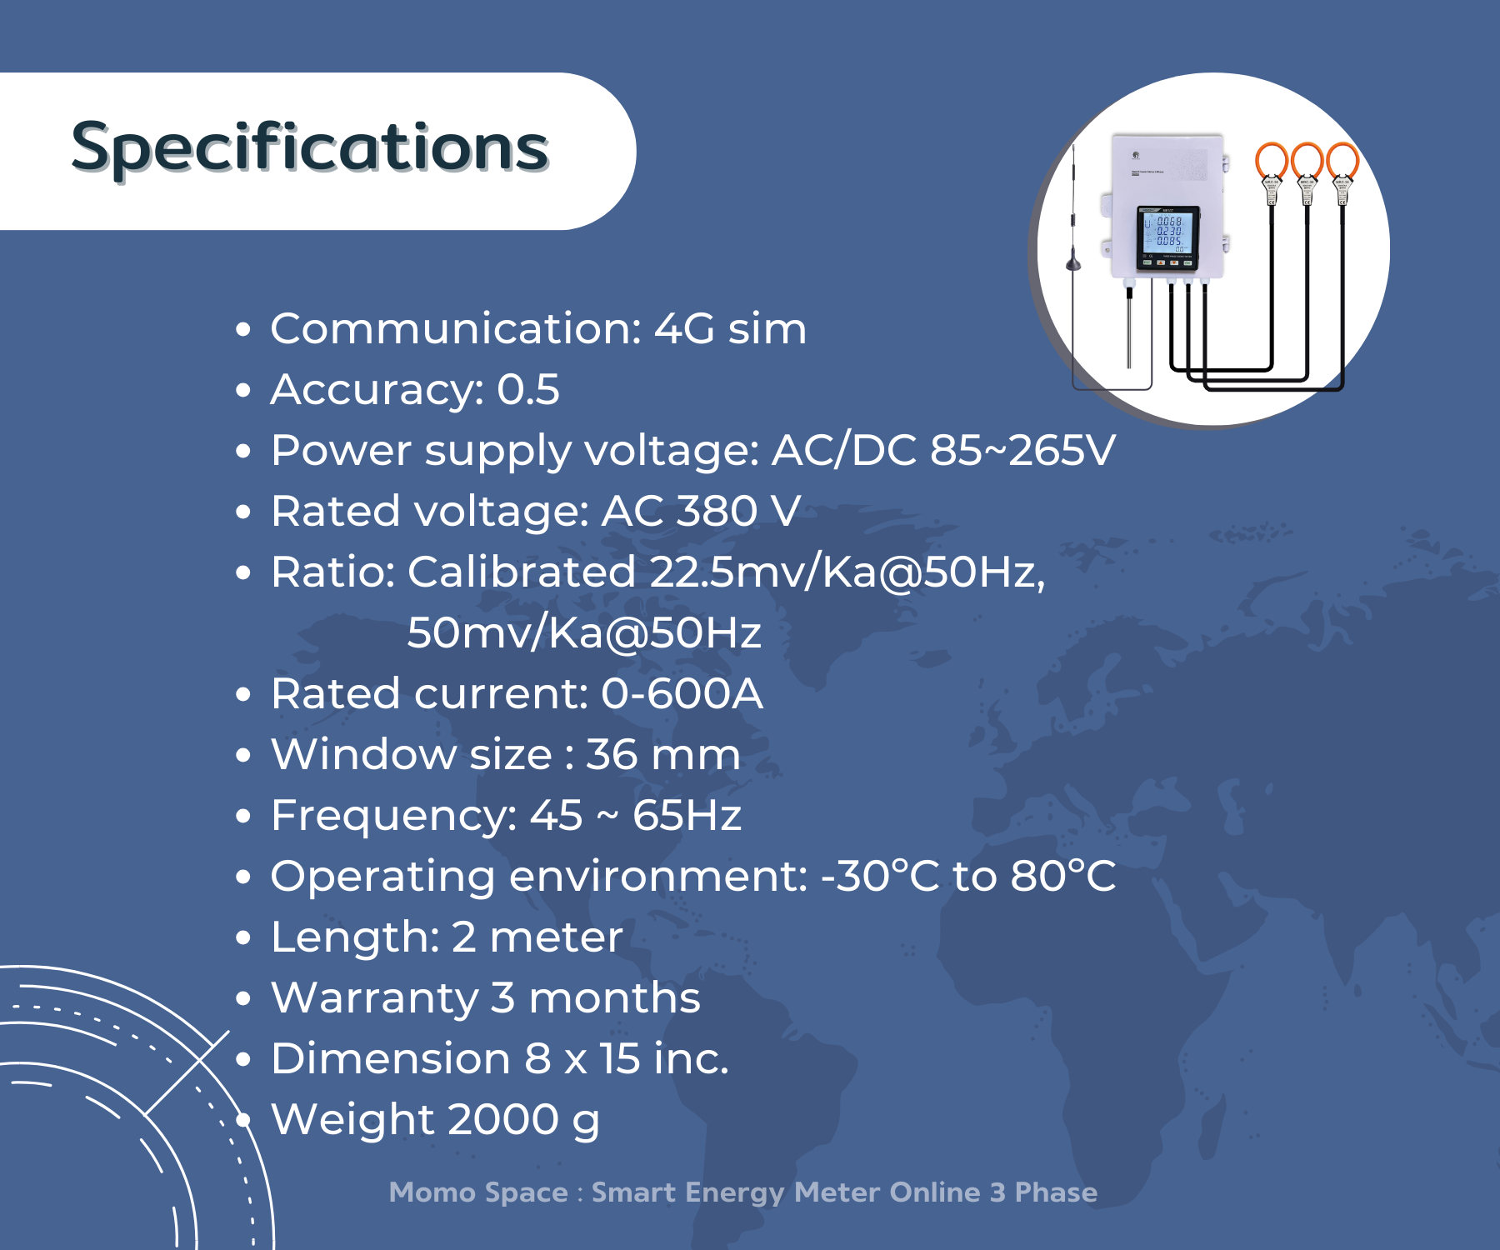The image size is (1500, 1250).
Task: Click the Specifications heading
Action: click(x=310, y=148)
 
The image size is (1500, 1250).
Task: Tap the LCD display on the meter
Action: click(x=1168, y=234)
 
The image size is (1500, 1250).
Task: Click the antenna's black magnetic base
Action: click(x=1073, y=263)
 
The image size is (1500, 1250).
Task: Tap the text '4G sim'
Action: click(x=730, y=328)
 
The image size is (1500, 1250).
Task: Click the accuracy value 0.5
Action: click(x=528, y=389)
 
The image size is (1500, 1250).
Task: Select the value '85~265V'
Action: click(x=1022, y=450)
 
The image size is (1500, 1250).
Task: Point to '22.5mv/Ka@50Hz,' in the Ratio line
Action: click(x=847, y=572)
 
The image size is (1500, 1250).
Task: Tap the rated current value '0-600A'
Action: click(x=682, y=693)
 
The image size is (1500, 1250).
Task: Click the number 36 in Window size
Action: click(x=612, y=754)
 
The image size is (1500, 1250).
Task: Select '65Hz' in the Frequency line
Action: click(x=687, y=815)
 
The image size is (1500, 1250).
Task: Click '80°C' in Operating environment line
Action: click(x=1063, y=876)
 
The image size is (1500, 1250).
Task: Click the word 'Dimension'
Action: click(x=391, y=1058)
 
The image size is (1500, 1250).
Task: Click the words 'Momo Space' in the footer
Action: click(x=478, y=1192)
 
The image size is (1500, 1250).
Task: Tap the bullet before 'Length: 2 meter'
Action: click(x=243, y=937)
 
